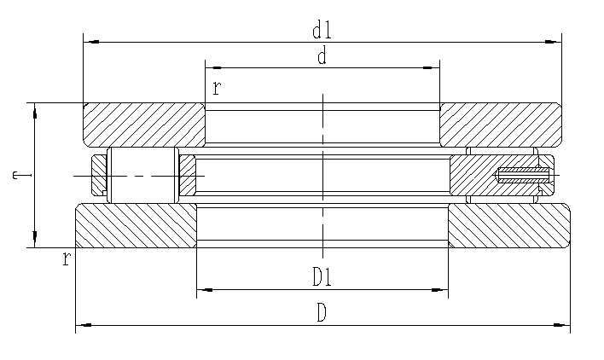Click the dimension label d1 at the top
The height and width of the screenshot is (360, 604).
pyautogui.click(x=322, y=32)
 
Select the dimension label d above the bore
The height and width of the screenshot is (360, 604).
pyautogui.click(x=322, y=57)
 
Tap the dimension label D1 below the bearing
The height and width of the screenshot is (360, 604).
pyautogui.click(x=322, y=278)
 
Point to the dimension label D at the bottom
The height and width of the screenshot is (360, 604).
pyautogui.click(x=322, y=313)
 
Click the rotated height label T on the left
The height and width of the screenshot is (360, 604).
pyautogui.click(x=16, y=175)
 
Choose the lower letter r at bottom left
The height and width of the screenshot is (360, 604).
pyautogui.click(x=66, y=259)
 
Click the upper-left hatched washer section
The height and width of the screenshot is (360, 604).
pyautogui.click(x=143, y=124)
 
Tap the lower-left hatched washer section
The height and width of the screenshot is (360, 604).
pyautogui.click(x=135, y=225)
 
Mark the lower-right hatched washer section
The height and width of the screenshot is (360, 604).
pyautogui.click(x=508, y=225)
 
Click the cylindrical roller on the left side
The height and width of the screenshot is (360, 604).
pyautogui.click(x=142, y=176)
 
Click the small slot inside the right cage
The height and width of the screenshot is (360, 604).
pyautogui.click(x=523, y=177)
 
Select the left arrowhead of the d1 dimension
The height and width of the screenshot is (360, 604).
pyautogui.click(x=90, y=41)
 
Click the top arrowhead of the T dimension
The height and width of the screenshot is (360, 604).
pyautogui.click(x=35, y=110)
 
